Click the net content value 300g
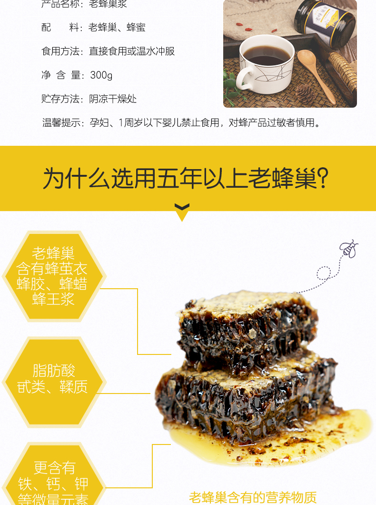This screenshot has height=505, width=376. [101, 75]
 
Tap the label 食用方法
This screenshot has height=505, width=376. [60, 51]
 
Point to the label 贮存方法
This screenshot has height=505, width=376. [60, 99]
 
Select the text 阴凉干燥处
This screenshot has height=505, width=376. [113, 99]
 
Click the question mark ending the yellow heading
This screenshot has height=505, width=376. [323, 179]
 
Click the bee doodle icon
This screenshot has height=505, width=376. [348, 249]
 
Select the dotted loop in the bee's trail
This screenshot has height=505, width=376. [324, 273]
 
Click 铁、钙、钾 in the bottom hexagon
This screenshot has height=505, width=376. [53, 484]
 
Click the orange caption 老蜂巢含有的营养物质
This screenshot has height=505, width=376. [253, 497]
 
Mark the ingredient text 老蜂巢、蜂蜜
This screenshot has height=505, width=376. [117, 28]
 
